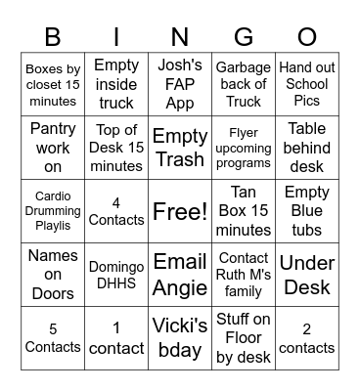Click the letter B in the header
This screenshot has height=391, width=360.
[53, 37]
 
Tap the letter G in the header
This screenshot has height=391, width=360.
[244, 37]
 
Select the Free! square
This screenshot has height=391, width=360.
[180, 210]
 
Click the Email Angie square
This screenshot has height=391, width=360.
[180, 274]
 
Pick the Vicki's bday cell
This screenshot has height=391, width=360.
[180, 337]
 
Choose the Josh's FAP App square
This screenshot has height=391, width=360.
[180, 84]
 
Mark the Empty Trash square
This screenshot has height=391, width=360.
[180, 147]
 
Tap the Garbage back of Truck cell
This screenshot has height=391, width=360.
[244, 84]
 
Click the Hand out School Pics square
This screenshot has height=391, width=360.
[307, 84]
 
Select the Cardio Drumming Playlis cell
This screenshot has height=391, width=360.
[53, 210]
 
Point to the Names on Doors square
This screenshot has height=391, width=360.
[53, 274]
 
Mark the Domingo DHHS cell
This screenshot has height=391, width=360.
[116, 274]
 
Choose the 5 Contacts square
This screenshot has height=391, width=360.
[53, 337]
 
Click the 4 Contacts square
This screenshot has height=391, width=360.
[116, 210]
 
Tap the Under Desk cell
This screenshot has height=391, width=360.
[307, 274]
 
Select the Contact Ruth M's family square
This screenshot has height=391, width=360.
[244, 274]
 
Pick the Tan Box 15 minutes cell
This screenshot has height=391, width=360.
[244, 210]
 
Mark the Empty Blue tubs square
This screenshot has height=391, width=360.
[307, 210]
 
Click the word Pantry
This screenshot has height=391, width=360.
[53, 128]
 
